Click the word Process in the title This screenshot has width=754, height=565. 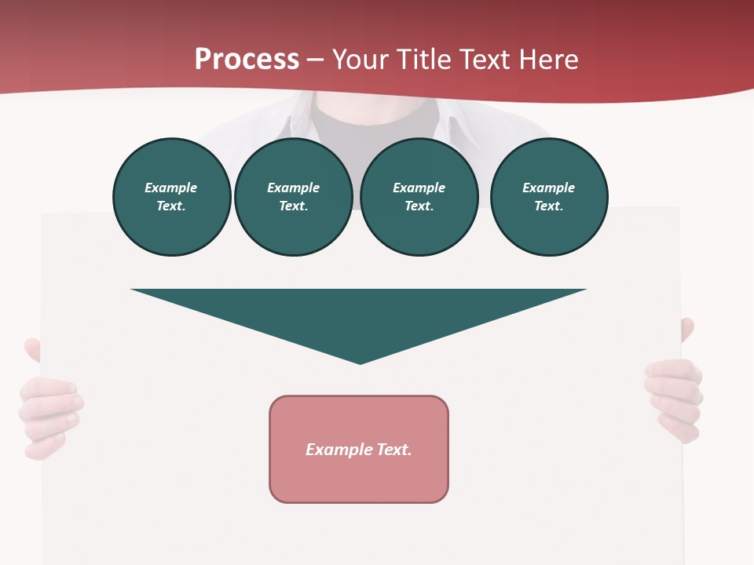pyautogui.click(x=247, y=60)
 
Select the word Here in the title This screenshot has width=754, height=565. pyautogui.click(x=549, y=60)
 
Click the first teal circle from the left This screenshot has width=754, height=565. pyautogui.click(x=171, y=197)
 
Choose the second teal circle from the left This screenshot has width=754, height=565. pyautogui.click(x=293, y=197)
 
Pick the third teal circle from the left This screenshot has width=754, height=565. pyautogui.click(x=419, y=197)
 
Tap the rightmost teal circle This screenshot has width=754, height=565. pyautogui.click(x=548, y=197)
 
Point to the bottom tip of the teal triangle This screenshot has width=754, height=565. pyautogui.click(x=360, y=363)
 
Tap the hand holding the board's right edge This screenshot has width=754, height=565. pyautogui.click(x=674, y=396)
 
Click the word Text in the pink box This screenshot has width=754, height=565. pyautogui.click(x=393, y=450)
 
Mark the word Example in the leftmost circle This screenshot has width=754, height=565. pyautogui.click(x=171, y=188)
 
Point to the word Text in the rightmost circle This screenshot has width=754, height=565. pyautogui.click(x=548, y=206)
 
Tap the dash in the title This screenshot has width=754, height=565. pyautogui.click(x=316, y=60)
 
